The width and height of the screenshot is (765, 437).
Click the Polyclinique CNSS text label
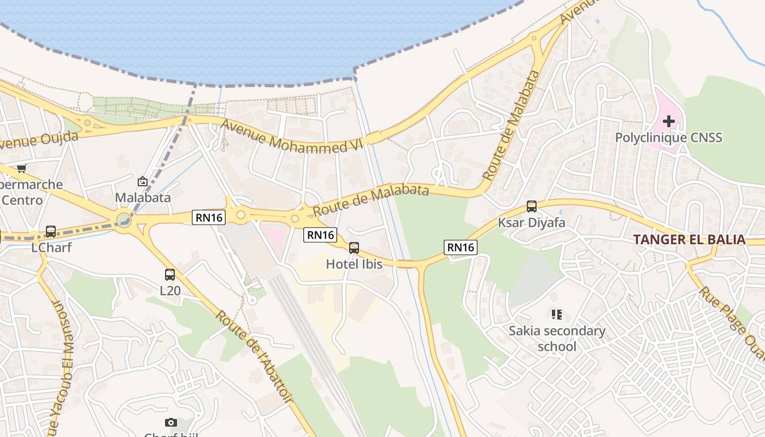(668, 137)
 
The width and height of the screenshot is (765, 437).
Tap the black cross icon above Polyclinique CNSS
(669, 121)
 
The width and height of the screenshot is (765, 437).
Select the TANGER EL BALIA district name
(689, 239)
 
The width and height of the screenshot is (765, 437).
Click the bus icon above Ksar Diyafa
(531, 206)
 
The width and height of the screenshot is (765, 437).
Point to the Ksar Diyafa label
(531, 223)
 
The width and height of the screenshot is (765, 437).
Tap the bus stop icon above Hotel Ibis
(354, 248)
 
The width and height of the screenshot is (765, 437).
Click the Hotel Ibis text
(354, 264)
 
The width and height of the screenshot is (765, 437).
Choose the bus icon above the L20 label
(170, 275)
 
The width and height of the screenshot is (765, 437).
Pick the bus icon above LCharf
(51, 232)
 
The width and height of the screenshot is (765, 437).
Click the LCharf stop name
(51, 247)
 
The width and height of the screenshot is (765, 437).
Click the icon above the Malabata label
(143, 181)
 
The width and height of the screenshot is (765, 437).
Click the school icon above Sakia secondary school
(557, 315)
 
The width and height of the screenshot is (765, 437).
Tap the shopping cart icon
(21, 168)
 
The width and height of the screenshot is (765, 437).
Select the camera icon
(171, 422)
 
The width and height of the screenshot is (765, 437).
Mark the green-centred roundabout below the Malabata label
(124, 221)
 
